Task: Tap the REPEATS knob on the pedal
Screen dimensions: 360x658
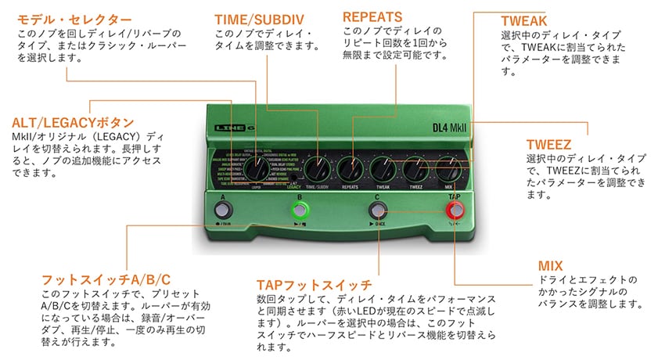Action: [x=350, y=167]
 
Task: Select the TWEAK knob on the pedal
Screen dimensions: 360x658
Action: [x=383, y=167]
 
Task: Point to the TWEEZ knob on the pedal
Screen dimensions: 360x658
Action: [x=416, y=167]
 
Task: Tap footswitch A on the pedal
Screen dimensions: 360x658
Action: [x=223, y=211]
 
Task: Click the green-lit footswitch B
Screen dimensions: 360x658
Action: [x=299, y=210]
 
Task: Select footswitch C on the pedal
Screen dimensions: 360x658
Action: [x=377, y=210]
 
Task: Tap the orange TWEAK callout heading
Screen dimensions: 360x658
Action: [x=524, y=20]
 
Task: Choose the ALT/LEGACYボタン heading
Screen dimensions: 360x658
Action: [x=74, y=123]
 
